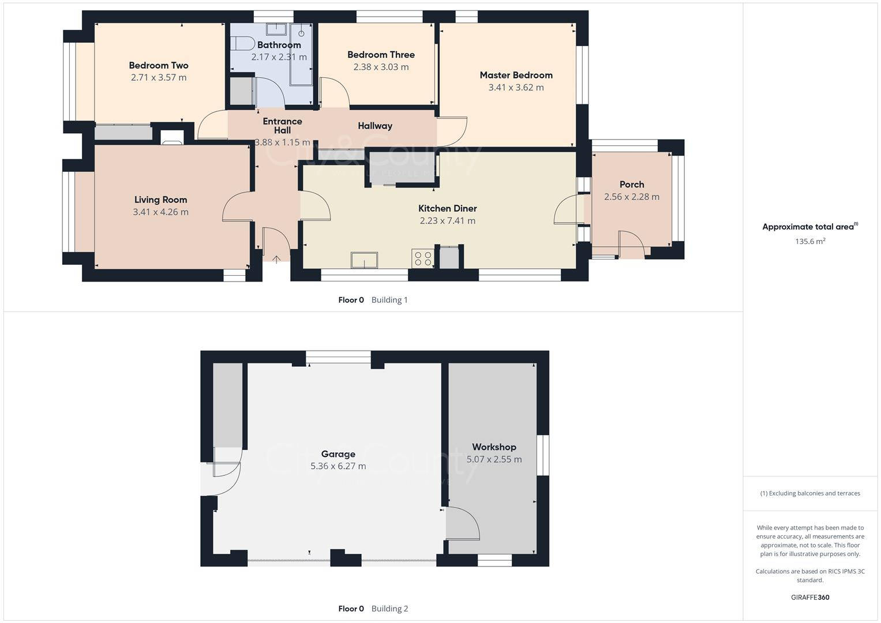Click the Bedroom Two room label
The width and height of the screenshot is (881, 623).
click(x=159, y=66)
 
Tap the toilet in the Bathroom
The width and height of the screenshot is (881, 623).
click(x=243, y=44)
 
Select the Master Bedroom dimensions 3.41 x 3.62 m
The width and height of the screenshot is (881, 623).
click(x=516, y=88)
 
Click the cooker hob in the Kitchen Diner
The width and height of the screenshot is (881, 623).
click(x=422, y=258)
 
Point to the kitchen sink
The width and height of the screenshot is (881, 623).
click(x=365, y=260)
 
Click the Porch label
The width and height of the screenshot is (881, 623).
click(x=632, y=185)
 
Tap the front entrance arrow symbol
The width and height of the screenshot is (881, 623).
click(x=276, y=260)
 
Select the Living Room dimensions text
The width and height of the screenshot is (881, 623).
click(x=160, y=212)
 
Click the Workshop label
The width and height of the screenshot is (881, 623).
click(x=494, y=447)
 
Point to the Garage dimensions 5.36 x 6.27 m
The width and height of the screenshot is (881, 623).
click(x=338, y=466)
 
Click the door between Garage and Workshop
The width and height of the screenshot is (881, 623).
click(x=462, y=524)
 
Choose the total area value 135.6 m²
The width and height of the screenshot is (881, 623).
click(x=810, y=242)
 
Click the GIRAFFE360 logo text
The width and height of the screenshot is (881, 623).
click(x=810, y=598)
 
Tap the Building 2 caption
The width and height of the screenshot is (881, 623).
click(x=389, y=609)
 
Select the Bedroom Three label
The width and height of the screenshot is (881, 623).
click(x=381, y=55)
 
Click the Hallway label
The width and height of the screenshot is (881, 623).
click(x=375, y=126)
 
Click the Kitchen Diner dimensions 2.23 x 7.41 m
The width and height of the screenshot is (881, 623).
click(x=448, y=221)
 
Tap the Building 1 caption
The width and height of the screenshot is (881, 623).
click(x=389, y=300)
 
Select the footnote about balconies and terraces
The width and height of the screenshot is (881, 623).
click(x=810, y=493)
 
